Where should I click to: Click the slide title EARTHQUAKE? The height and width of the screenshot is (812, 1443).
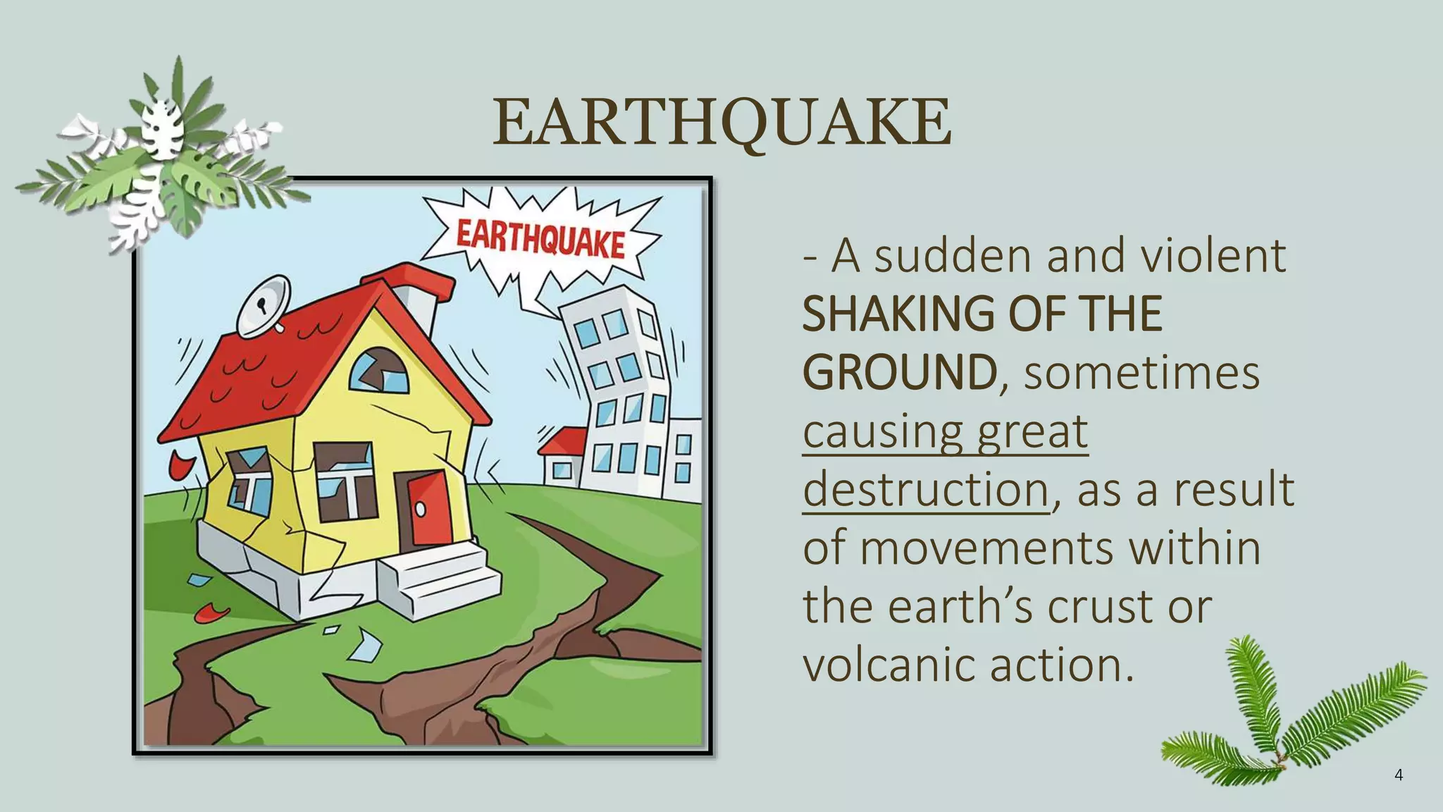pos(721,123)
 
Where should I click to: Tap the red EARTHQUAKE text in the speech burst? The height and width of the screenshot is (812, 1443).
pos(540,238)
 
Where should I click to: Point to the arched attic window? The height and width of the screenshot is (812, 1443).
pos(380,371)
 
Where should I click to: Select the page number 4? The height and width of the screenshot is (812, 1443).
pos(1399,775)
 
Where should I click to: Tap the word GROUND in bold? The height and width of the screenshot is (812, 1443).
pos(900,373)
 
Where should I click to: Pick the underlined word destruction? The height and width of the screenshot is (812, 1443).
pos(926,489)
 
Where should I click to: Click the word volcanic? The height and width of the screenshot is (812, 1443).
pos(888,665)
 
